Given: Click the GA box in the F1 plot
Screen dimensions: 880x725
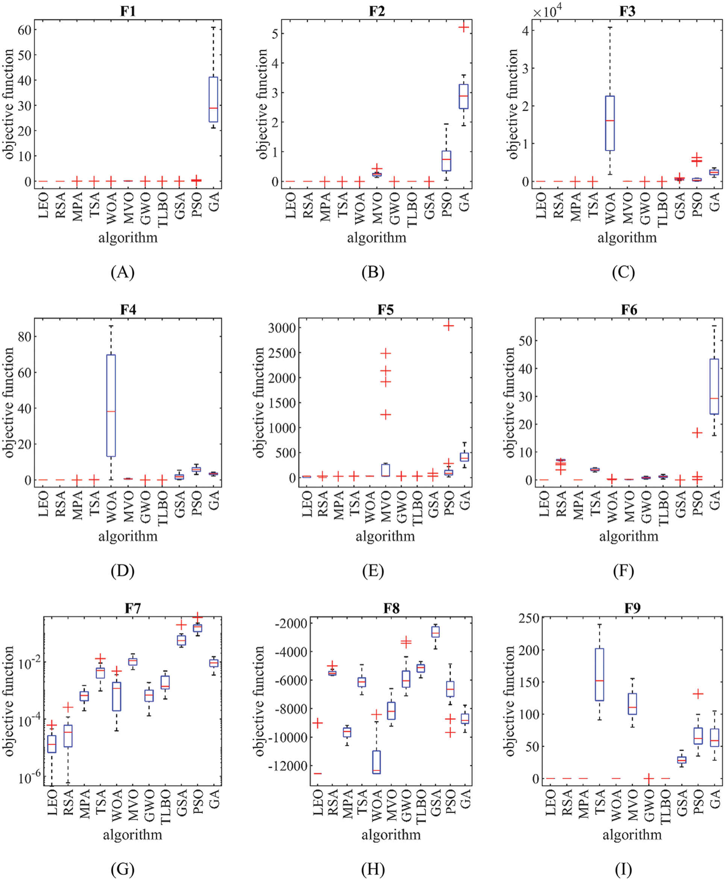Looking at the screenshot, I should [214, 99].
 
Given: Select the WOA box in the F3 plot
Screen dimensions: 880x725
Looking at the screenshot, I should [610, 123].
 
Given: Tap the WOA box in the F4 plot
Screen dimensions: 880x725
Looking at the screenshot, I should [111, 405].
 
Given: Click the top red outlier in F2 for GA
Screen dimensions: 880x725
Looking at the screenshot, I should [464, 27].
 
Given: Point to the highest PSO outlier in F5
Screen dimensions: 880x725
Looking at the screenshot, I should [449, 326].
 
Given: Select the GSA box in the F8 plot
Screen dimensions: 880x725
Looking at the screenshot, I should [435, 631].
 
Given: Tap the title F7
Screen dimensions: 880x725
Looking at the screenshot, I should [133, 608].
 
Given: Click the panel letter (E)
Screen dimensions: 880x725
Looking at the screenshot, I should [373, 570].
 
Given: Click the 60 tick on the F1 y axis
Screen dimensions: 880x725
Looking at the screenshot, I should [24, 30].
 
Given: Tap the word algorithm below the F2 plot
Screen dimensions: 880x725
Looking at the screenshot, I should [376, 238].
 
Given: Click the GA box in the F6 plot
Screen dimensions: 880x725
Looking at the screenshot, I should [714, 386].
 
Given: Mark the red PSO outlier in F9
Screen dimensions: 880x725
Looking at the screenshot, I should [698, 694].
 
